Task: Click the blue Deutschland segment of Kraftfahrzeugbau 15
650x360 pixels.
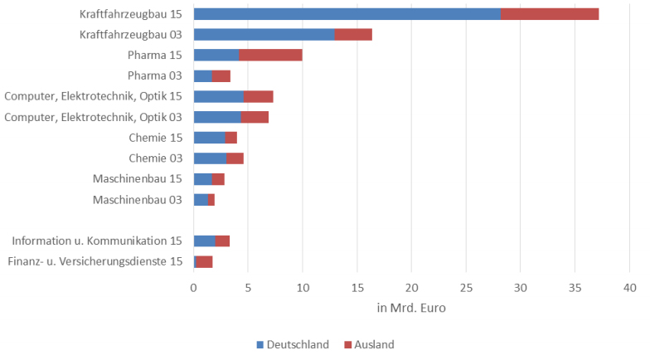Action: (347, 14)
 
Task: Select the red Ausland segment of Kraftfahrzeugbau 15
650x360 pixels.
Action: (550, 14)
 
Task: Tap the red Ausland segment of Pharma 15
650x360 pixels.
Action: (270, 55)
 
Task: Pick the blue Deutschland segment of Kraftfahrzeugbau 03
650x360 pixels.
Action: (264, 34)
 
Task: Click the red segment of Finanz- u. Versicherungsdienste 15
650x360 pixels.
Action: (205, 262)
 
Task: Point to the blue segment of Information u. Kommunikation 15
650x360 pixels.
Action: (204, 241)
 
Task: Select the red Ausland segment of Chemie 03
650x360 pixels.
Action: (235, 158)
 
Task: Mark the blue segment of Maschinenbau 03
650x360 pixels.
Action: (201, 200)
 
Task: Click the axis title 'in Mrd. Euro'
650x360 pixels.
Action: (411, 309)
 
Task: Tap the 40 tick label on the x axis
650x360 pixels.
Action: (629, 287)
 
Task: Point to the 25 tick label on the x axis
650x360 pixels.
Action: (466, 287)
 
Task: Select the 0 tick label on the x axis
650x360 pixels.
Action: (194, 287)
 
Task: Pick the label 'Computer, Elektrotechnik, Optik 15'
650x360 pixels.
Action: (93, 97)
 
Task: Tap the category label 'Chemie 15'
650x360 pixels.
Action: (155, 138)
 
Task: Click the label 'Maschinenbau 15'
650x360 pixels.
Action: (137, 179)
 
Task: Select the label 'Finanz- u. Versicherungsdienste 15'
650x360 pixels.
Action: (95, 262)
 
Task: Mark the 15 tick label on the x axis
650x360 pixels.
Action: (357, 287)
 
